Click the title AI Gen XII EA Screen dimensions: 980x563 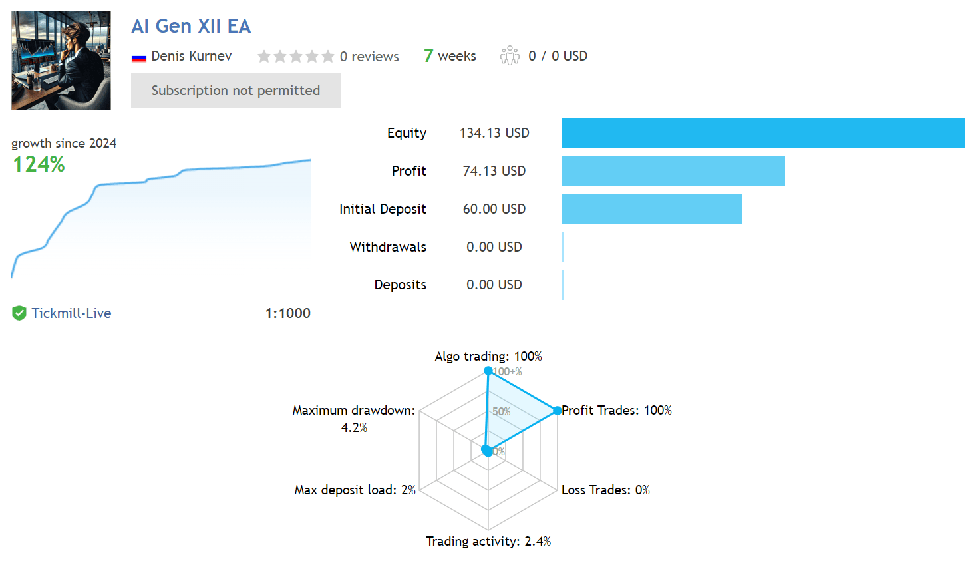[191, 26]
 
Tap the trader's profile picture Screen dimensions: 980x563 [61, 61]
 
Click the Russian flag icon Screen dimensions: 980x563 [138, 57]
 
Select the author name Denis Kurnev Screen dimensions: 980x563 [191, 56]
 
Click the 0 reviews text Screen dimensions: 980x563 [369, 57]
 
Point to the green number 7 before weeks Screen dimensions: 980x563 [428, 56]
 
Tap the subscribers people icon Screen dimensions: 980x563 [510, 55]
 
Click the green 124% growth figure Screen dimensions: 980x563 [39, 164]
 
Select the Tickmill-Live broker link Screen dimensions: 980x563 [71, 313]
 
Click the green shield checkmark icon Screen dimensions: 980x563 [19, 313]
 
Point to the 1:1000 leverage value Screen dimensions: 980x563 [288, 313]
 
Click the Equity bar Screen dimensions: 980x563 [763, 133]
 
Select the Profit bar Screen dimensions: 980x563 [673, 172]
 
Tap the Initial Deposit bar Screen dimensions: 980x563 [652, 209]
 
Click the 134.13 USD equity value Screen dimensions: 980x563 [494, 133]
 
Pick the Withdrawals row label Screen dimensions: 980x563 [388, 247]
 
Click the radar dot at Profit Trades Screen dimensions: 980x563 [557, 411]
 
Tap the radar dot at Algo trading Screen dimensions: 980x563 [488, 371]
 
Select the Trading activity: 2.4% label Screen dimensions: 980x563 [488, 542]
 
